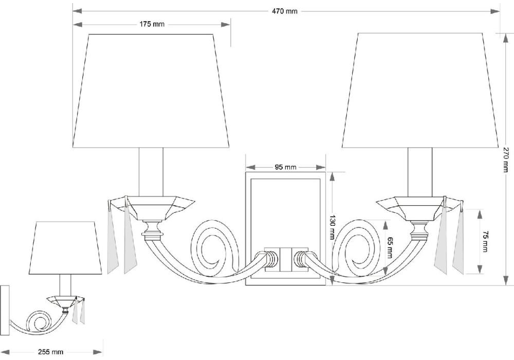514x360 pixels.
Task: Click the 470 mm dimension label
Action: click(x=285, y=11)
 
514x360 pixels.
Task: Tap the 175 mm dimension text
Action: click(x=152, y=24)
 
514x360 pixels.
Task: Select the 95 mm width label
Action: click(x=285, y=167)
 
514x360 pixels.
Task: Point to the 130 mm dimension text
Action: click(x=332, y=227)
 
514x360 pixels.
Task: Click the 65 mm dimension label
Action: click(x=389, y=247)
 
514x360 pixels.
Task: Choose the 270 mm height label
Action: click(x=506, y=159)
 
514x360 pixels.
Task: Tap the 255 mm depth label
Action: click(x=50, y=352)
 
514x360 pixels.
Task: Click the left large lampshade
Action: click(x=151, y=91)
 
